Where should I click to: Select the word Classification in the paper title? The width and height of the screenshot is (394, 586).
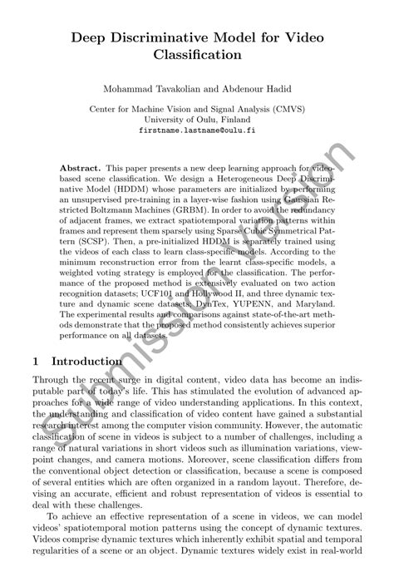[196, 56]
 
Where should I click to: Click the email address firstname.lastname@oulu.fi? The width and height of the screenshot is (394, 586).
[197, 130]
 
